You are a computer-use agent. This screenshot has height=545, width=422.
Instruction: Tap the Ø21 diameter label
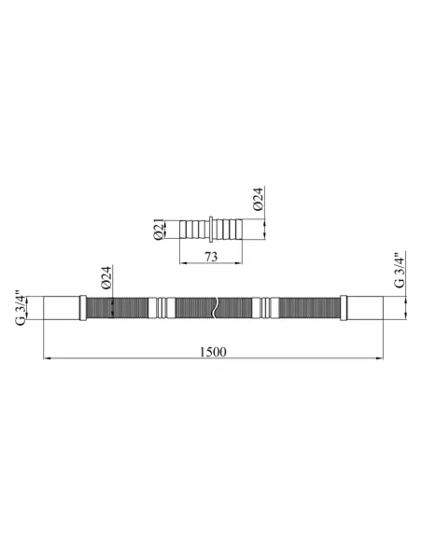click(159, 229)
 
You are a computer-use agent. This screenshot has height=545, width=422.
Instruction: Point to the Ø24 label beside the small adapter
click(259, 201)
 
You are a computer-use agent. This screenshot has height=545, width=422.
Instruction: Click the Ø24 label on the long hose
click(106, 279)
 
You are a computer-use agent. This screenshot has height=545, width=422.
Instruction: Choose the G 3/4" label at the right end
click(400, 272)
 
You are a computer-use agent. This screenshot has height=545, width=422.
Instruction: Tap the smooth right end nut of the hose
click(365, 308)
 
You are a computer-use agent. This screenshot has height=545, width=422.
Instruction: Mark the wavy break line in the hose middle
click(215, 308)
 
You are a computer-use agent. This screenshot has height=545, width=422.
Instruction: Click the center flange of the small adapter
click(215, 229)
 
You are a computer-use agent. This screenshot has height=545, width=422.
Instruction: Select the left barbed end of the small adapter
click(194, 229)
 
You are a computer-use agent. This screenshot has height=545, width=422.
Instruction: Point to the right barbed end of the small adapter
click(235, 229)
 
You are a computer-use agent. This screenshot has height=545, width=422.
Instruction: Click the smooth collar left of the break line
click(163, 308)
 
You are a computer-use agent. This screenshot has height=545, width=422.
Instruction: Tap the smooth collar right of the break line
click(267, 308)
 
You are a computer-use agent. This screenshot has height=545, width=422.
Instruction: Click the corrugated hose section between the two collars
click(191, 308)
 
